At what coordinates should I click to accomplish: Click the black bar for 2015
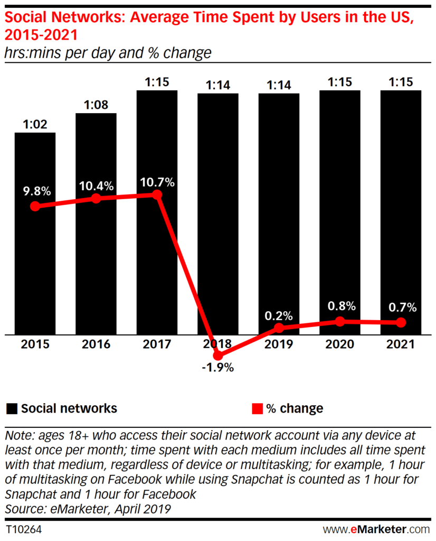pos(35,264)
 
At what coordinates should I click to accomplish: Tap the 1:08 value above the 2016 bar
pos(96,105)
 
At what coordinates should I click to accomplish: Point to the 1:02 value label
pos(35,124)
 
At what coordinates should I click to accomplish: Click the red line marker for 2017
pos(157,195)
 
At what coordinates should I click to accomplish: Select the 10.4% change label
pos(96,186)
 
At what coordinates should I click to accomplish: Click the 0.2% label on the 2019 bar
pos(279,316)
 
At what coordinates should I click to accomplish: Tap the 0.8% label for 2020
pos(340,307)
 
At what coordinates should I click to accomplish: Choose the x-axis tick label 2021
pos(401,344)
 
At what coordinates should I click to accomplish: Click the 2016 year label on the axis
pos(96,344)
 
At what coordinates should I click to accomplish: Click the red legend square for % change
pos(257,408)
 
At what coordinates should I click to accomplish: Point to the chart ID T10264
pos(24,529)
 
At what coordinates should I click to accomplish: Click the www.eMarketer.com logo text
pos(376,529)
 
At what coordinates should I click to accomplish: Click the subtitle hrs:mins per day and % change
pos(108,53)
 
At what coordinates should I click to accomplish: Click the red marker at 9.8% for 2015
pos(35,207)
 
